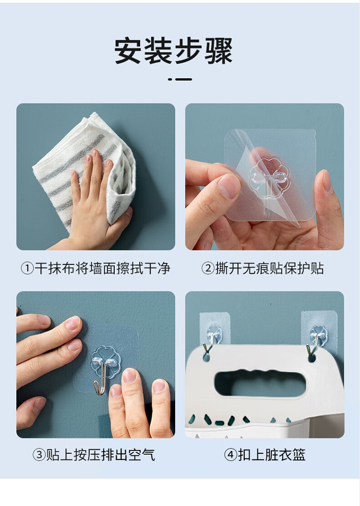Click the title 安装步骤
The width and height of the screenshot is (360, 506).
click(173, 51)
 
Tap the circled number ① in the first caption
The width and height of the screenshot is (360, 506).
click(27, 268)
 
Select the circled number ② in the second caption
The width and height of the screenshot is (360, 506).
click(208, 268)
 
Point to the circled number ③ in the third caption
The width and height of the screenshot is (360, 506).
click(39, 455)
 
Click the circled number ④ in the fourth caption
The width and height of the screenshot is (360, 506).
click(230, 455)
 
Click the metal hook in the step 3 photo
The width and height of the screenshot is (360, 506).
click(101, 377)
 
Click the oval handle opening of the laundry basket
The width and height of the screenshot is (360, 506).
click(260, 384)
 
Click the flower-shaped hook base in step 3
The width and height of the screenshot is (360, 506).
click(106, 362)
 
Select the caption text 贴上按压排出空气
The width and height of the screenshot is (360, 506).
click(101, 455)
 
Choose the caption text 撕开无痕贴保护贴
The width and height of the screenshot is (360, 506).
click(270, 268)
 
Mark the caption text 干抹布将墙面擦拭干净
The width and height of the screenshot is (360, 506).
click(102, 268)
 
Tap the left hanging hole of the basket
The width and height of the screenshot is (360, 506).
click(206, 357)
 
